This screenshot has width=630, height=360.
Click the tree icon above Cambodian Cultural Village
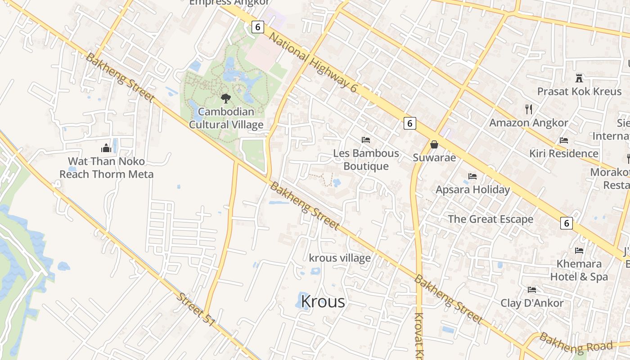pos(225,98)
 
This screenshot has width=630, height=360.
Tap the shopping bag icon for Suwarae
pos(434,144)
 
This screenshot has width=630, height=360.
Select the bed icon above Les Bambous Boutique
pos(366,140)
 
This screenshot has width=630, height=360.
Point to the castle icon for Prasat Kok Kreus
pos(579,78)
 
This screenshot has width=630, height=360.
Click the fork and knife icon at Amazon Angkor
pos(529,109)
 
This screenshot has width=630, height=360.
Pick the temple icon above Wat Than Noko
pos(106,148)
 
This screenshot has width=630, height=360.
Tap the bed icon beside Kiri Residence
pos(564,140)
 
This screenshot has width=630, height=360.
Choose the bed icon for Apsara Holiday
pos(472,176)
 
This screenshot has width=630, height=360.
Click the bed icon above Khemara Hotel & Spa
pos(579,250)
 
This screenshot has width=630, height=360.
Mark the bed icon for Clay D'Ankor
pos(532,289)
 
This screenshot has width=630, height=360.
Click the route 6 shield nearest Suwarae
pos(409,123)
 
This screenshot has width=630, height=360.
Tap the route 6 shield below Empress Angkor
pos(257,27)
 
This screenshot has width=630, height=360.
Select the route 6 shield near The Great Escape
pos(567,223)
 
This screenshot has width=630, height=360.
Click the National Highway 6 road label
pos(313,63)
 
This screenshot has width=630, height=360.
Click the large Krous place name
pos(323,301)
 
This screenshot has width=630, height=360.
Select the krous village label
pos(340,258)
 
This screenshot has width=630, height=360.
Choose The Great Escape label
pos(490,219)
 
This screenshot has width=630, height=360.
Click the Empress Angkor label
pos(229,3)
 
